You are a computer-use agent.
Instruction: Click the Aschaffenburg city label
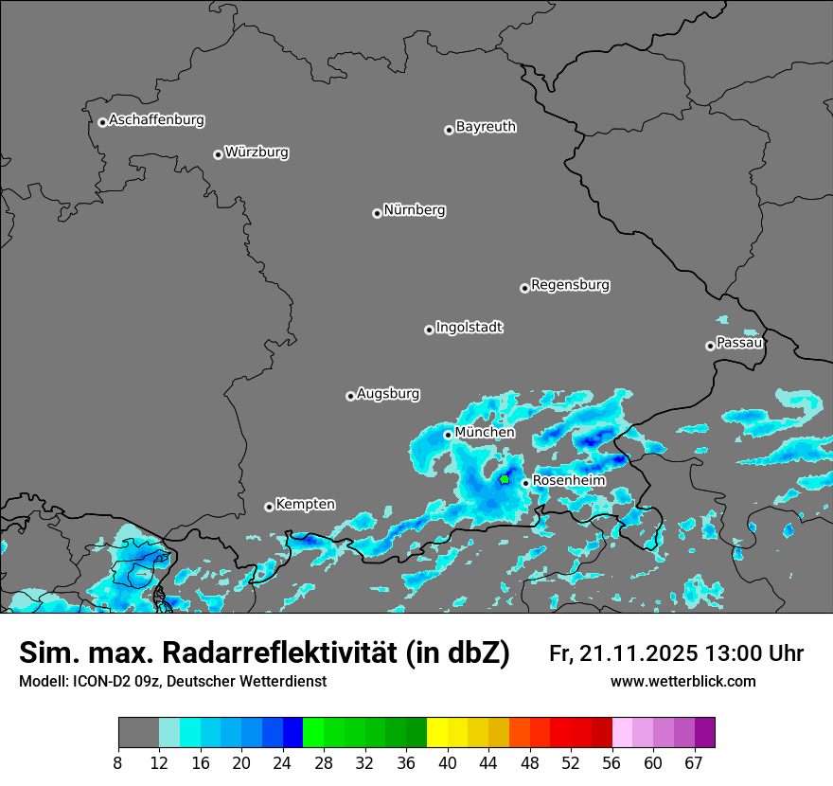pyautogui.click(x=156, y=120)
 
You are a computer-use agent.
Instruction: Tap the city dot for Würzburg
pyautogui.click(x=218, y=154)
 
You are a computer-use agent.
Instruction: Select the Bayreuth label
pyautogui.click(x=486, y=127)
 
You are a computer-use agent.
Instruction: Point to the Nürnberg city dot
pyautogui.click(x=377, y=213)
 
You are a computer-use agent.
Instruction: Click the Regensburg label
pyautogui.click(x=570, y=285)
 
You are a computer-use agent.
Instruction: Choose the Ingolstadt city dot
pyautogui.click(x=429, y=330)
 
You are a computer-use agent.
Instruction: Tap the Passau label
pyautogui.click(x=739, y=343)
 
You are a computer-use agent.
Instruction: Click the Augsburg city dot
pyautogui.click(x=350, y=396)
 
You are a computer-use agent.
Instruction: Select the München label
pyautogui.click(x=485, y=433)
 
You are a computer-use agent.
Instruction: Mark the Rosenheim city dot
pyautogui.click(x=525, y=483)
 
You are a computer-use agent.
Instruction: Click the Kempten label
pyautogui.click(x=305, y=505)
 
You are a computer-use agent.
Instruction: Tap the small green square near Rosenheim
pyautogui.click(x=505, y=480)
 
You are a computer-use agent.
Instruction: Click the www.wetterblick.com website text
pyautogui.click(x=682, y=682)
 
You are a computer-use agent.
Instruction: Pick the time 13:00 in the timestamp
pyautogui.click(x=740, y=653)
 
